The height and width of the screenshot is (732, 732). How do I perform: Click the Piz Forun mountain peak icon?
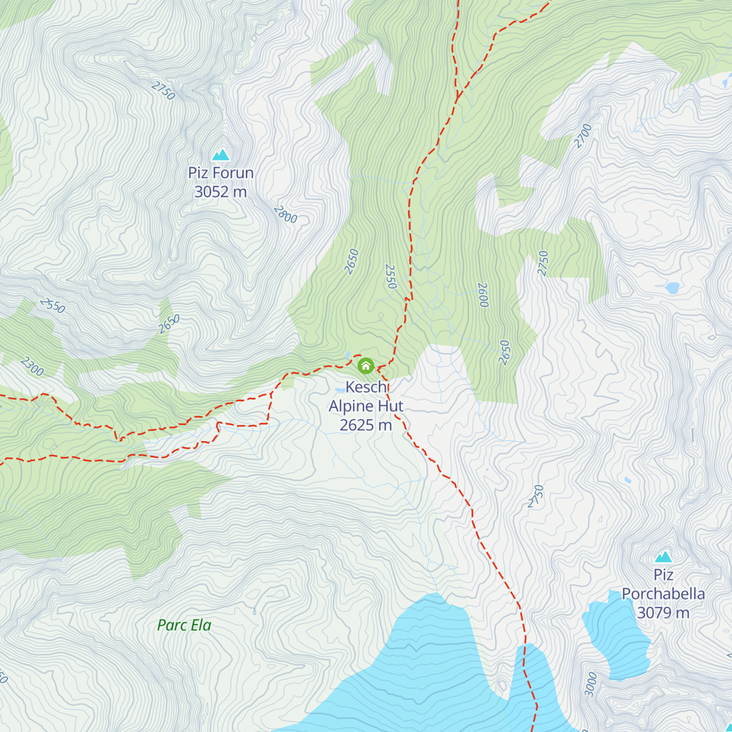pos(220,155)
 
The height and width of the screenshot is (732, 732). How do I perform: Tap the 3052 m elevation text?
pos(220,192)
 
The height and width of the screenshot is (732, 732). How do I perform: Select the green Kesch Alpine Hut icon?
pos(365,365)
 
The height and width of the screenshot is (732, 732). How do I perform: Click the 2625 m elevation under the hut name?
pos(365,425)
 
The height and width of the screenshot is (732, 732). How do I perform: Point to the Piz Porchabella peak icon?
pos(663,557)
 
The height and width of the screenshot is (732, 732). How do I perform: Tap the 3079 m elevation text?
pos(663,612)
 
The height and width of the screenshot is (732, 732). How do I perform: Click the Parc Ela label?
pos(184,625)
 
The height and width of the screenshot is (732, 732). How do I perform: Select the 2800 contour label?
pos(285,215)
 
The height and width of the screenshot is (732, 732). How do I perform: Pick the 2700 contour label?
pos(583,136)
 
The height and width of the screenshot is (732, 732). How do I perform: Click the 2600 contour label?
pos(483,295)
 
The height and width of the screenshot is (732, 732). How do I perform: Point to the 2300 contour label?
pos(32,367)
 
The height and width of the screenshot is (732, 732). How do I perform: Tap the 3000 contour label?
pos(590,684)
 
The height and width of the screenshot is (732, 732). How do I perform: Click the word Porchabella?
pos(663,594)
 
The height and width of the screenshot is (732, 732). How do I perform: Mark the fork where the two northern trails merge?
pos(457,96)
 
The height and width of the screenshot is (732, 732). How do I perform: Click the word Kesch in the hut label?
pos(366,387)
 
